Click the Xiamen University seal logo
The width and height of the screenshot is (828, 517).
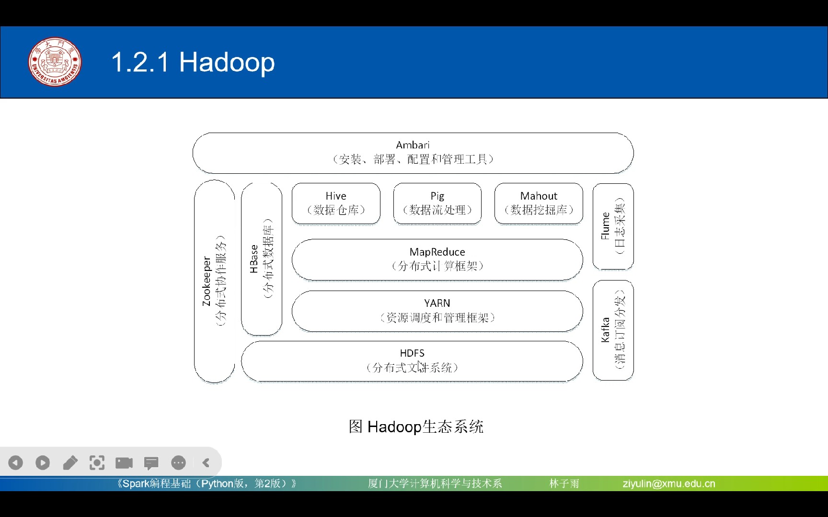55,62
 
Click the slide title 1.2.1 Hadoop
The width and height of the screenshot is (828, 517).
193,62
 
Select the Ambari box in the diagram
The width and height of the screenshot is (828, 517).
413,153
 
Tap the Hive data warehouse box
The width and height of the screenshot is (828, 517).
336,203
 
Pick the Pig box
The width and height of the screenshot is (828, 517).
437,203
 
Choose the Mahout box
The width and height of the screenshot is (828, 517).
539,203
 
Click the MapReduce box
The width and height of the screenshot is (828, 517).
437,259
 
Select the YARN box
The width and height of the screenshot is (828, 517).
437,311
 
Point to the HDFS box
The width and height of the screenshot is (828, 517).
412,361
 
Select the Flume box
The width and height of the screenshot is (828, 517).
613,226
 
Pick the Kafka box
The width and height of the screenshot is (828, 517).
613,330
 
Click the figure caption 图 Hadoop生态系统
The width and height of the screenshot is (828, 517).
416,427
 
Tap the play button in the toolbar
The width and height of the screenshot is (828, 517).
43,462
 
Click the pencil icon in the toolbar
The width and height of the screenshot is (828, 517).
70,462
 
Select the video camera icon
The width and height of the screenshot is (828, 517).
124,462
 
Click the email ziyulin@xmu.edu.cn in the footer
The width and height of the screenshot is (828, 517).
668,483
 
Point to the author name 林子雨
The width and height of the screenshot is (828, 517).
564,483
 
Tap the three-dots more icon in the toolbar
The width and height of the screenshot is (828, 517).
178,462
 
